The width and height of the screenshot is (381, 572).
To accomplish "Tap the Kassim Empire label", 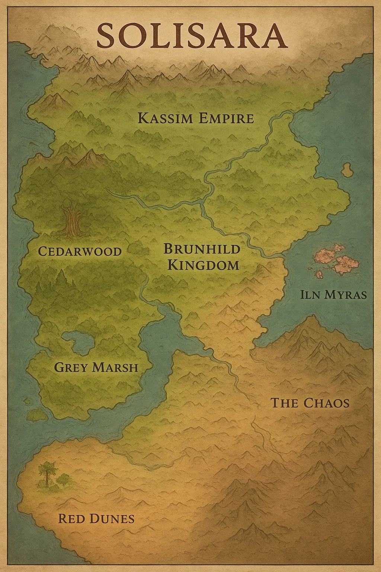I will pos(196,118).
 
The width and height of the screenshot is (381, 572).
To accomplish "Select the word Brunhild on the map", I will pos(202,249).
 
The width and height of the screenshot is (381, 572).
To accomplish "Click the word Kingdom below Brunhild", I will pos(203,265).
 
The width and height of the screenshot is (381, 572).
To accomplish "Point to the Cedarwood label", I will pos(80,251).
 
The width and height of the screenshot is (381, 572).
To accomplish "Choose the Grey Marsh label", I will pos(96,368).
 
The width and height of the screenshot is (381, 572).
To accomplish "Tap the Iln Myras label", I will pos(333,295).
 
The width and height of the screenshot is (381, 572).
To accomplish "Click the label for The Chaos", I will pos(310,403).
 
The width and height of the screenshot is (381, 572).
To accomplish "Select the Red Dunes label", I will pos(96,518).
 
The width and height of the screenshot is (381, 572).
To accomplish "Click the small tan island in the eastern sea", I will pos(348,170).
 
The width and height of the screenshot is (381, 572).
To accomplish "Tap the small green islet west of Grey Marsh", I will pos(37,414).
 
